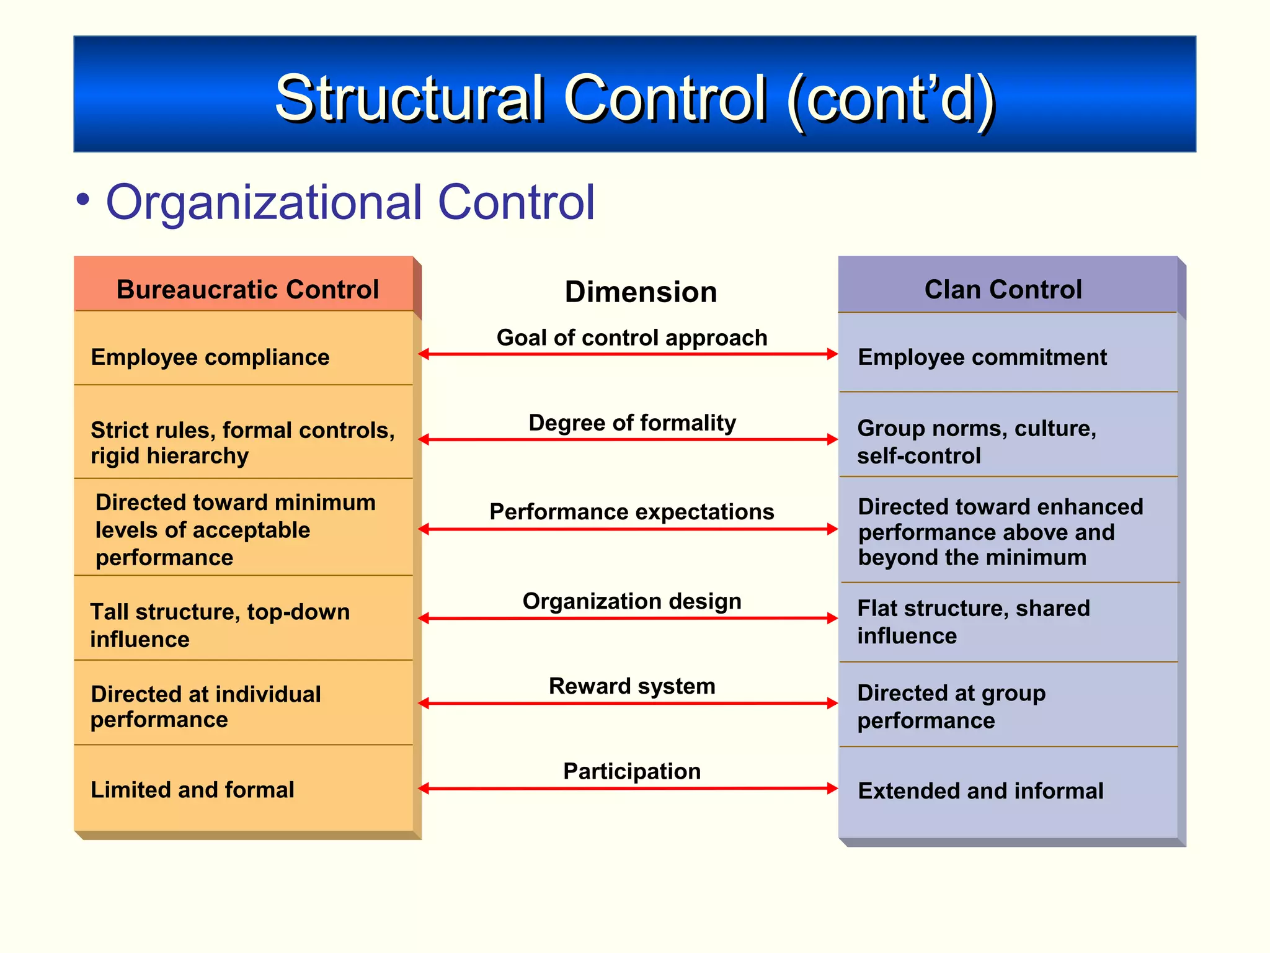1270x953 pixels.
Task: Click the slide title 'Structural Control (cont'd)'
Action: coord(635,98)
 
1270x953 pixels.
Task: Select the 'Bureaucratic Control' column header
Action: coord(247,289)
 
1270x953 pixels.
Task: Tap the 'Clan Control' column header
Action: coord(1003,289)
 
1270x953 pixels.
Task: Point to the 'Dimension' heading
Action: coord(641,292)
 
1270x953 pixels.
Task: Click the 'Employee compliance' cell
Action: coord(210,357)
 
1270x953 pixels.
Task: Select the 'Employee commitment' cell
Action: coord(982,357)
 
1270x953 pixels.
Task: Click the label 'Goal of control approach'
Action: coord(632,338)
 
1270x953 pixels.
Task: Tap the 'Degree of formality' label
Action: coord(632,423)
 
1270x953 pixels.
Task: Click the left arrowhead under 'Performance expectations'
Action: coord(424,529)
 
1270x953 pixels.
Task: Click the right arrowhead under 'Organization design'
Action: coord(832,618)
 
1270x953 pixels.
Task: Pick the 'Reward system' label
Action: coord(632,686)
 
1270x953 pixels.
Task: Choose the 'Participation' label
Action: coord(632,771)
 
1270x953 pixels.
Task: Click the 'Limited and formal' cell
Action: coord(192,790)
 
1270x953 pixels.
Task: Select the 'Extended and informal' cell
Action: coord(980,791)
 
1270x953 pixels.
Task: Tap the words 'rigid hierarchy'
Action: coord(169,456)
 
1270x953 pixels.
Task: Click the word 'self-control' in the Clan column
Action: coord(918,456)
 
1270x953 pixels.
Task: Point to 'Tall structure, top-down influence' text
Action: coord(220,625)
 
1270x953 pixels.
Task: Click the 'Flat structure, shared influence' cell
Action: coord(973,622)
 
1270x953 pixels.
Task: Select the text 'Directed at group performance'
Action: coord(951,706)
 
